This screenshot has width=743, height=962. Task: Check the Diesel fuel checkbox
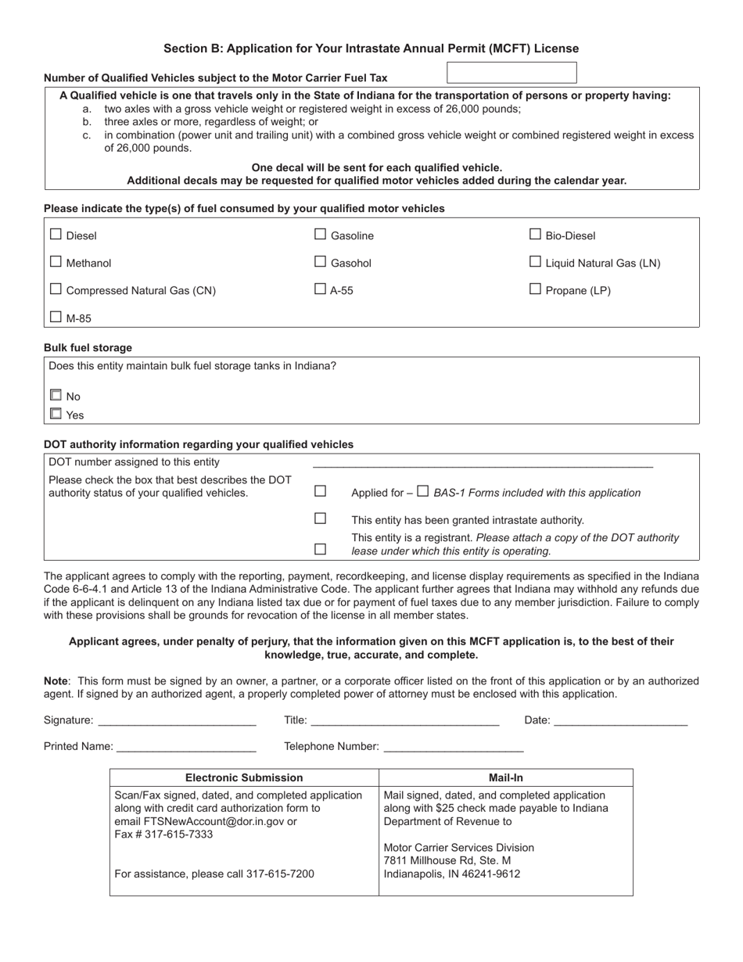pos(56,234)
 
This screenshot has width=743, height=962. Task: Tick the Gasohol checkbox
pos(320,262)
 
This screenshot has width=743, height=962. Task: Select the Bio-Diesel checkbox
pos(535,234)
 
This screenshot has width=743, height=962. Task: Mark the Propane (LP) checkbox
pos(535,289)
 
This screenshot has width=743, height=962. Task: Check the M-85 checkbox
pos(56,317)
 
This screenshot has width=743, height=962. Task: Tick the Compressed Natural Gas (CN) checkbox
pos(56,289)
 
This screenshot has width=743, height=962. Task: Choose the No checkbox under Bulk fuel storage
pos(56,395)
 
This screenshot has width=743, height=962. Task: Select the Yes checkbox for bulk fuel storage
pos(56,414)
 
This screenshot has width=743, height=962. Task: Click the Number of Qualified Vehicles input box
pos(511,73)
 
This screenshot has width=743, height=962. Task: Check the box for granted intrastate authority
pos(320,519)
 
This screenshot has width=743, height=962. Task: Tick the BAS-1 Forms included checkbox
pos(422,491)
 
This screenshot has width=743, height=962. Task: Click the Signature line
pos(177,721)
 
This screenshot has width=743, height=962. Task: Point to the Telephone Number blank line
pos(452,747)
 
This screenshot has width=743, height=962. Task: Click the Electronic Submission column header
pos(244,777)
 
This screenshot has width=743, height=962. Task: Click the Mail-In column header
pos(505,777)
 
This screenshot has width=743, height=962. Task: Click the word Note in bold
pos(56,681)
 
